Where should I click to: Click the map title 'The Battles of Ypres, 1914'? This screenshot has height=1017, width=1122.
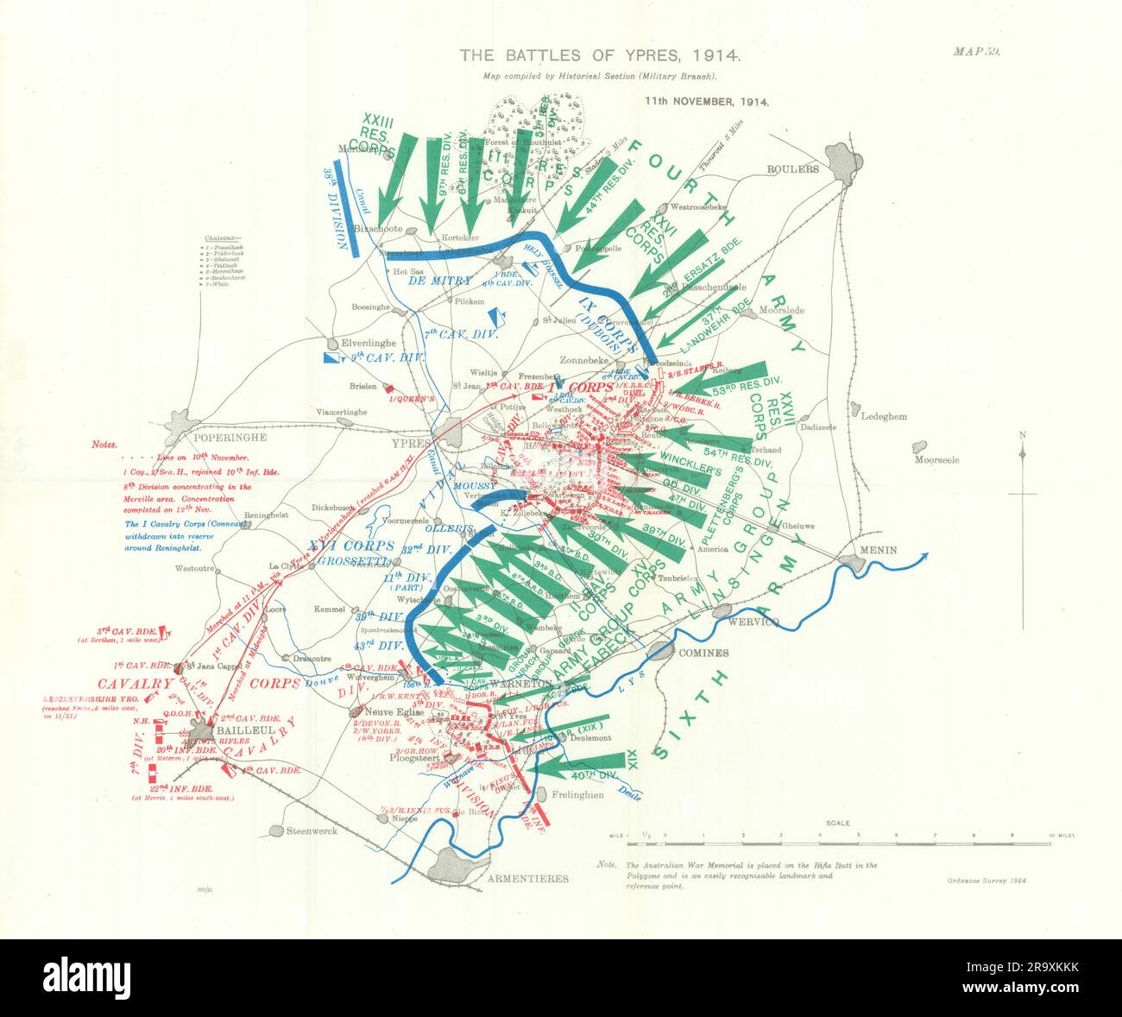(600, 55)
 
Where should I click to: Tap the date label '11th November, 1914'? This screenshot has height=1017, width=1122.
(706, 100)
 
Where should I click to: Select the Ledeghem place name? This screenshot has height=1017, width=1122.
(885, 416)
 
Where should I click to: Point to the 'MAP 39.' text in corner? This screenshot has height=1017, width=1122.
(976, 52)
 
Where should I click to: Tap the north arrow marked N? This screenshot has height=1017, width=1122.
(1022, 434)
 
